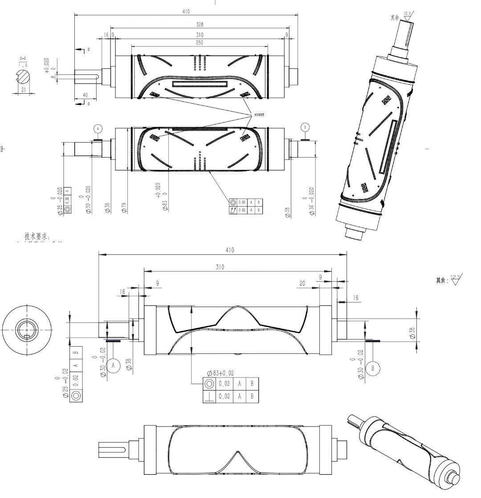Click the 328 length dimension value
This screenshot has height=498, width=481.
pos(200,25)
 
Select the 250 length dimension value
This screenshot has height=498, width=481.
pos(200,42)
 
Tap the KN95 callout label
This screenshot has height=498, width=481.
pos(259,115)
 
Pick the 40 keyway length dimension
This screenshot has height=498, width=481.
pos(85,95)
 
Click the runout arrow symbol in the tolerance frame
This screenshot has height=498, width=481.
pos(233,210)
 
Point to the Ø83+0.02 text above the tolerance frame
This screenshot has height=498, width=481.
pos(220,373)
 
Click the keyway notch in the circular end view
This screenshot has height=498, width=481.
pos(27,336)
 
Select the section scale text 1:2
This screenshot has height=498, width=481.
pos(23,65)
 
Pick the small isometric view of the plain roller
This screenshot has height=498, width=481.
pos(403,448)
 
